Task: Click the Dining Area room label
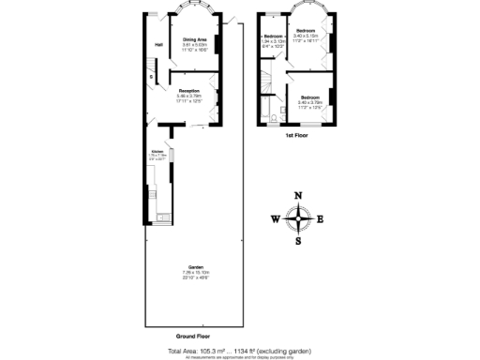coord(195,38)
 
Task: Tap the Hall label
coord(159,45)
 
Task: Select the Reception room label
coord(188,90)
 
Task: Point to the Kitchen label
coord(157,150)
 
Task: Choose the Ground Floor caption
coord(192,335)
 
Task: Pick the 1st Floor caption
coord(297,137)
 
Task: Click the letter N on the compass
coord(298,197)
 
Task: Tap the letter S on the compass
coord(298,241)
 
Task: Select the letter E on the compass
coord(320,219)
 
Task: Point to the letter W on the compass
coord(276,219)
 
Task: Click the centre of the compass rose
coord(298,219)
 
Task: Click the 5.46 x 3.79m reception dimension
coord(188,96)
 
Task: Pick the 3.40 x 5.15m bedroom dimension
coord(306,36)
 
